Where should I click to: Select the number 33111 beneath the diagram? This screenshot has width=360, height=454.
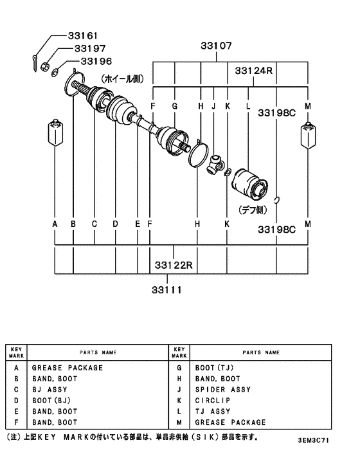coord(167,289)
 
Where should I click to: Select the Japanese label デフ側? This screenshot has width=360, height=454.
coord(253,210)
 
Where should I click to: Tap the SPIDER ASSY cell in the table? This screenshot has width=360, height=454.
coord(222,390)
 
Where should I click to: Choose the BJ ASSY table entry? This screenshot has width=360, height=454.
coord(48,390)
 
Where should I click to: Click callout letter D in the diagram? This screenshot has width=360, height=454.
coord(116,224)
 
